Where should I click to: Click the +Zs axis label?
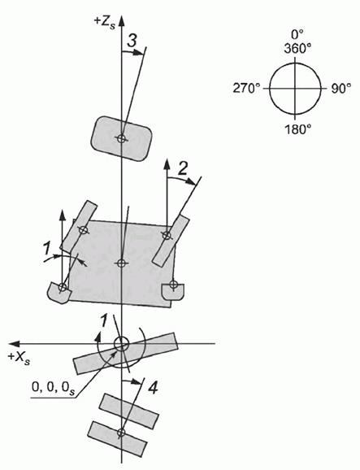pyautogui.click(x=105, y=23)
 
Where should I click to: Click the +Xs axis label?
pyautogui.click(x=20, y=358)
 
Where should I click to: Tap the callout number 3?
pyautogui.click(x=132, y=41)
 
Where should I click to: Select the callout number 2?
pyautogui.click(x=182, y=169)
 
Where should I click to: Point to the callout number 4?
pyautogui.click(x=153, y=388)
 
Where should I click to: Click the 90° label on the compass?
pyautogui.click(x=341, y=89)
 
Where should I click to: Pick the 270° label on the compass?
pyautogui.click(x=246, y=89)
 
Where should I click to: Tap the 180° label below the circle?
pyautogui.click(x=297, y=129)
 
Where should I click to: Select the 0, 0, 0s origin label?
pyautogui.click(x=53, y=388)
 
